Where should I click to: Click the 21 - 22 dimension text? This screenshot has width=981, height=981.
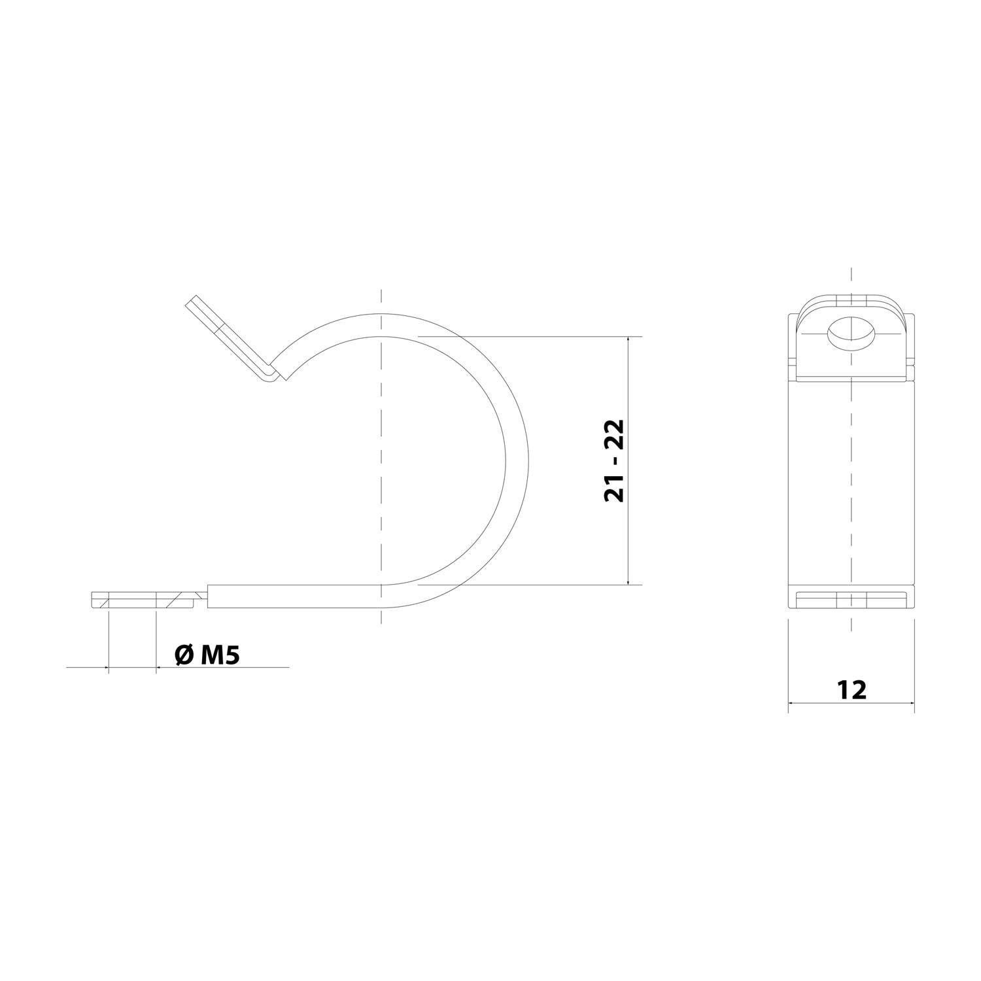coord(614,460)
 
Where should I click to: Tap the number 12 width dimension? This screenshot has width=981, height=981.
coord(851,689)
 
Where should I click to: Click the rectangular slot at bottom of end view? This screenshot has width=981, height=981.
coord(851,600)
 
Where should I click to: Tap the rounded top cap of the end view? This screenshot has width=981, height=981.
coord(851,301)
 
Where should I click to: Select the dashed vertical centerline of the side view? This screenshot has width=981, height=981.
coord(381,458)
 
